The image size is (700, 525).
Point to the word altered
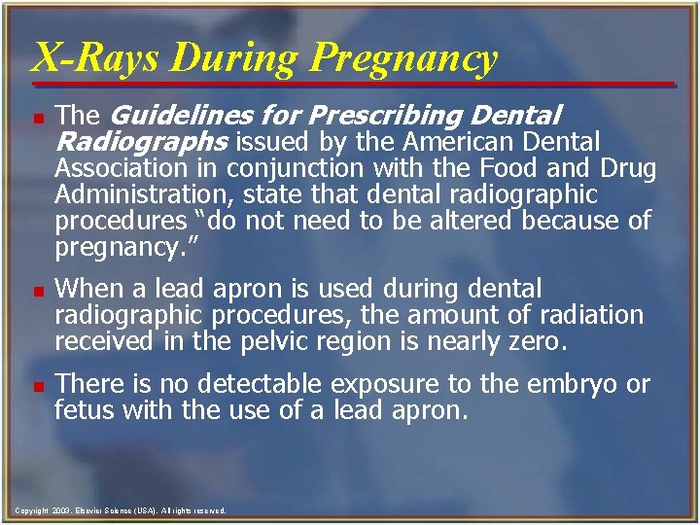point(465,222)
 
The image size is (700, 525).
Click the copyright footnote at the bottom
point(122,509)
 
